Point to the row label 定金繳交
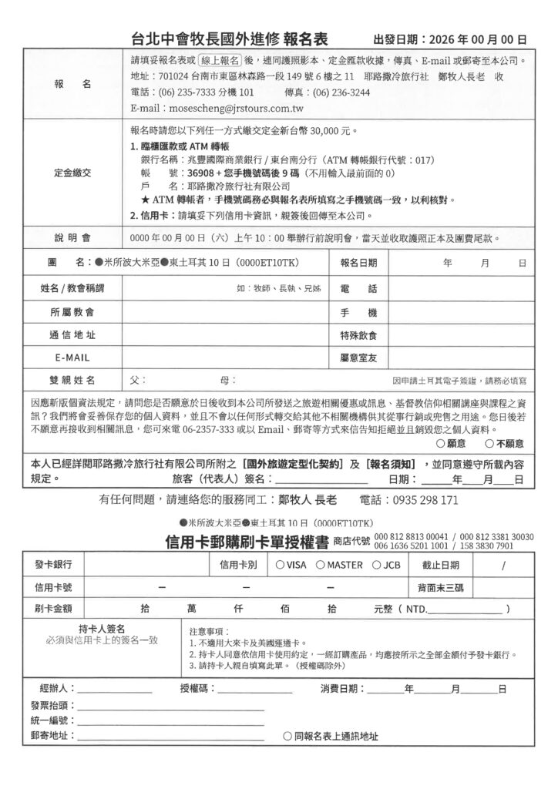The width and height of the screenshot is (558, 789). (72, 173)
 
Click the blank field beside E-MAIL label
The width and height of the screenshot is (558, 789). (224, 358)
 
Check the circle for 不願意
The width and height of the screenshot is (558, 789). (489, 444)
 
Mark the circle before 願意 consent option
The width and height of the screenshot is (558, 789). (440, 444)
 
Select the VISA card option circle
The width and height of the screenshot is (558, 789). (279, 565)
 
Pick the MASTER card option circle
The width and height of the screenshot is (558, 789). (320, 565)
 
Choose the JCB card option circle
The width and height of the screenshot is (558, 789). (375, 565)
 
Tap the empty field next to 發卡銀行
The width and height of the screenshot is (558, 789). (146, 565)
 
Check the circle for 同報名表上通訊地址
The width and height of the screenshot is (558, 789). (287, 736)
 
